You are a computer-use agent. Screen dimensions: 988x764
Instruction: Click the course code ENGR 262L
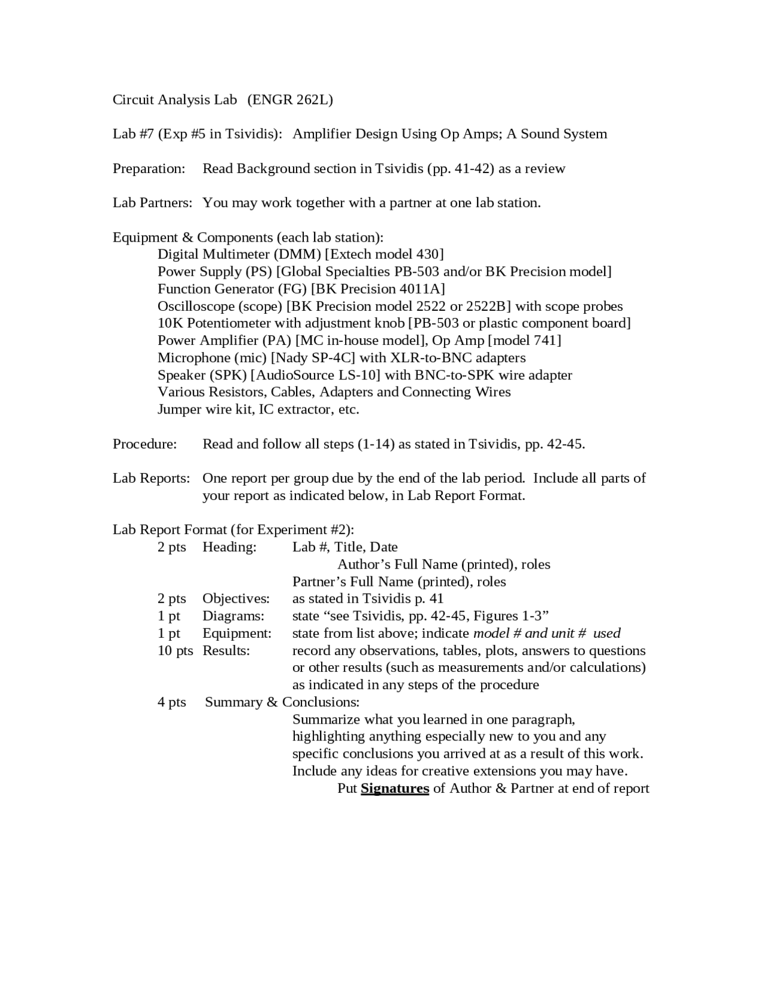pos(290,100)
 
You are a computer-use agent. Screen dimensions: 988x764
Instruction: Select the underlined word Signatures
pos(395,788)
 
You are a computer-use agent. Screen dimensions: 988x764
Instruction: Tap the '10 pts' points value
pos(175,650)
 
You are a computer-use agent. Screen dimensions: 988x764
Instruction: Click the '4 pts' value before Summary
pos(172,702)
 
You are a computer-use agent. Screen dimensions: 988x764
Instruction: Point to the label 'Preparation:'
pos(149,169)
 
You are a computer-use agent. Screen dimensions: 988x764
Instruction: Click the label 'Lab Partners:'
pos(152,203)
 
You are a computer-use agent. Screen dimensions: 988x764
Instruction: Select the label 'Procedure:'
pos(145,444)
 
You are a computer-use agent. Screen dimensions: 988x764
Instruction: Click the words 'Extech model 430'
pos(384,255)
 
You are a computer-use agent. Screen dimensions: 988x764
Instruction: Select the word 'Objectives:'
pos(236,598)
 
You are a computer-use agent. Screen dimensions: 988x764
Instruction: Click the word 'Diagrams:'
pos(233,616)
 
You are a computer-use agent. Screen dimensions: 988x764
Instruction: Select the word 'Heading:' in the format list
pos(229,547)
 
